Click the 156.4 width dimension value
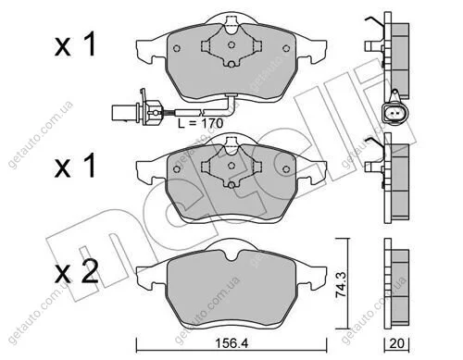click(x=231, y=342)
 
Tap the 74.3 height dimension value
click(x=342, y=284)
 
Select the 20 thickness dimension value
click(x=396, y=343)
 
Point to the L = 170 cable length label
click(x=200, y=123)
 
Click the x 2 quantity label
click(x=76, y=271)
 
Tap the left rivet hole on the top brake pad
click(x=177, y=48)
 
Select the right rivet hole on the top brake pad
click(x=286, y=48)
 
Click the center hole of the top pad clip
click(x=231, y=44)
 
